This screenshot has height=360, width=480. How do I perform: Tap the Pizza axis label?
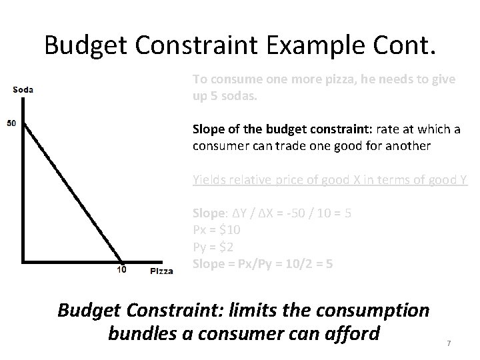pos(161,271)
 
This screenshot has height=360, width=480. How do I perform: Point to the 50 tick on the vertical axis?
pos(11,123)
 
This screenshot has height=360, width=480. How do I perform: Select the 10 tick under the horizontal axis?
pos(122,270)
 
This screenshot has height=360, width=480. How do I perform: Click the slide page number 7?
pos(449,343)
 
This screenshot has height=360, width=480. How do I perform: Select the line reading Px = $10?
pos(217,230)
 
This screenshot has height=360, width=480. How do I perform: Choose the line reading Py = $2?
pos(214,247)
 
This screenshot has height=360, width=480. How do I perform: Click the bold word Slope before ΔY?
pos(207,213)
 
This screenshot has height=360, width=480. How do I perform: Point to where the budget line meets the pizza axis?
pos(123,260)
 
